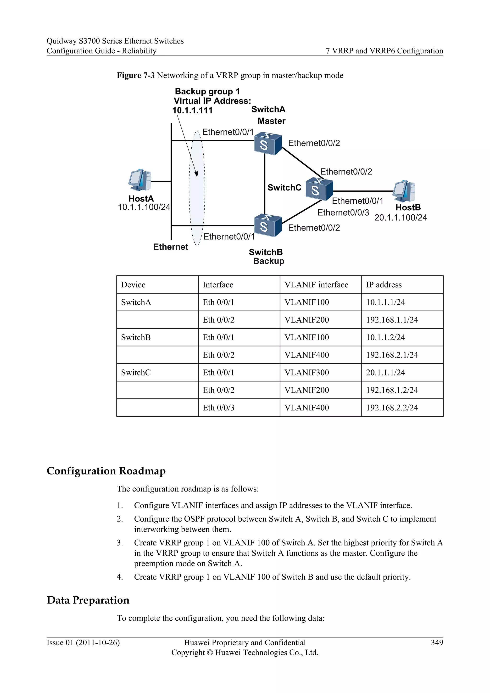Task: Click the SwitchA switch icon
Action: pos(267,144)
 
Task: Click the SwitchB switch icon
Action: pos(267,225)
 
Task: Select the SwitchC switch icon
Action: pos(319,189)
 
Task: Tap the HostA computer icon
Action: pos(139,180)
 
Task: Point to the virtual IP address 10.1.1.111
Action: pos(192,111)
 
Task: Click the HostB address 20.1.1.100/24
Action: pos(400,218)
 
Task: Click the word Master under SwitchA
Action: pos(271,121)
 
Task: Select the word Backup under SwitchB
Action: pos(268,261)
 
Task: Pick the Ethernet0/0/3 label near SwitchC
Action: pos(343,213)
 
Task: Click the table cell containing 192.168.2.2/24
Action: pos(392,408)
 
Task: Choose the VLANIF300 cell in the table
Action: pos(306,372)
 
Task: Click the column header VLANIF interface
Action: pos(316,285)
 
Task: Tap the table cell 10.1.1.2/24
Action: pos(385,337)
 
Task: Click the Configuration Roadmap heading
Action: pos(106,471)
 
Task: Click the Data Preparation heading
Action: pos(88,600)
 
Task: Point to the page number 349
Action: pos(437,643)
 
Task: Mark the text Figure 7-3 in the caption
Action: pos(135,75)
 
